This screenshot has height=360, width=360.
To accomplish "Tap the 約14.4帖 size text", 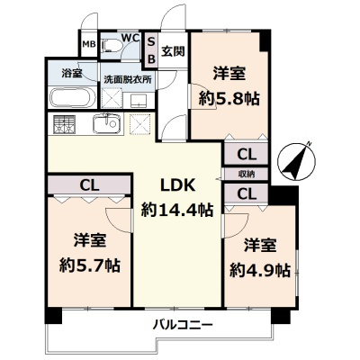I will [x=177, y=210].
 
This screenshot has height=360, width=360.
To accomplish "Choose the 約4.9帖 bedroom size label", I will [x=259, y=269].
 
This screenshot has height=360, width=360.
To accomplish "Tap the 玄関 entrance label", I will [x=173, y=50].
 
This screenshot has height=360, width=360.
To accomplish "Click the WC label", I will [x=128, y=38].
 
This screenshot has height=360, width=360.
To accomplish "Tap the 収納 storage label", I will [x=246, y=173].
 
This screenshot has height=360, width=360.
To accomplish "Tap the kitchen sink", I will [x=107, y=122].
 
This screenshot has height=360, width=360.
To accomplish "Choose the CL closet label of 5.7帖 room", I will [x=88, y=185].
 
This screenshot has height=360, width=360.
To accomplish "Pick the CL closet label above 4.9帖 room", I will [x=246, y=192].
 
